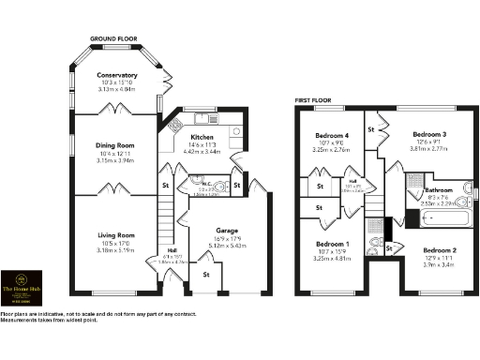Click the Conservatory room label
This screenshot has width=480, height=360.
pos(119,75)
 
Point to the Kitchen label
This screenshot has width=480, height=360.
pos(202,138)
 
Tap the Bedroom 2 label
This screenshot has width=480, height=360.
pos(439,251)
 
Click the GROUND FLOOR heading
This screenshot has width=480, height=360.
pos(113,39)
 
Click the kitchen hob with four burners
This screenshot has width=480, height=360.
pos(173,126)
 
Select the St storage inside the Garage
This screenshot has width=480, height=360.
pos(206,275)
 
